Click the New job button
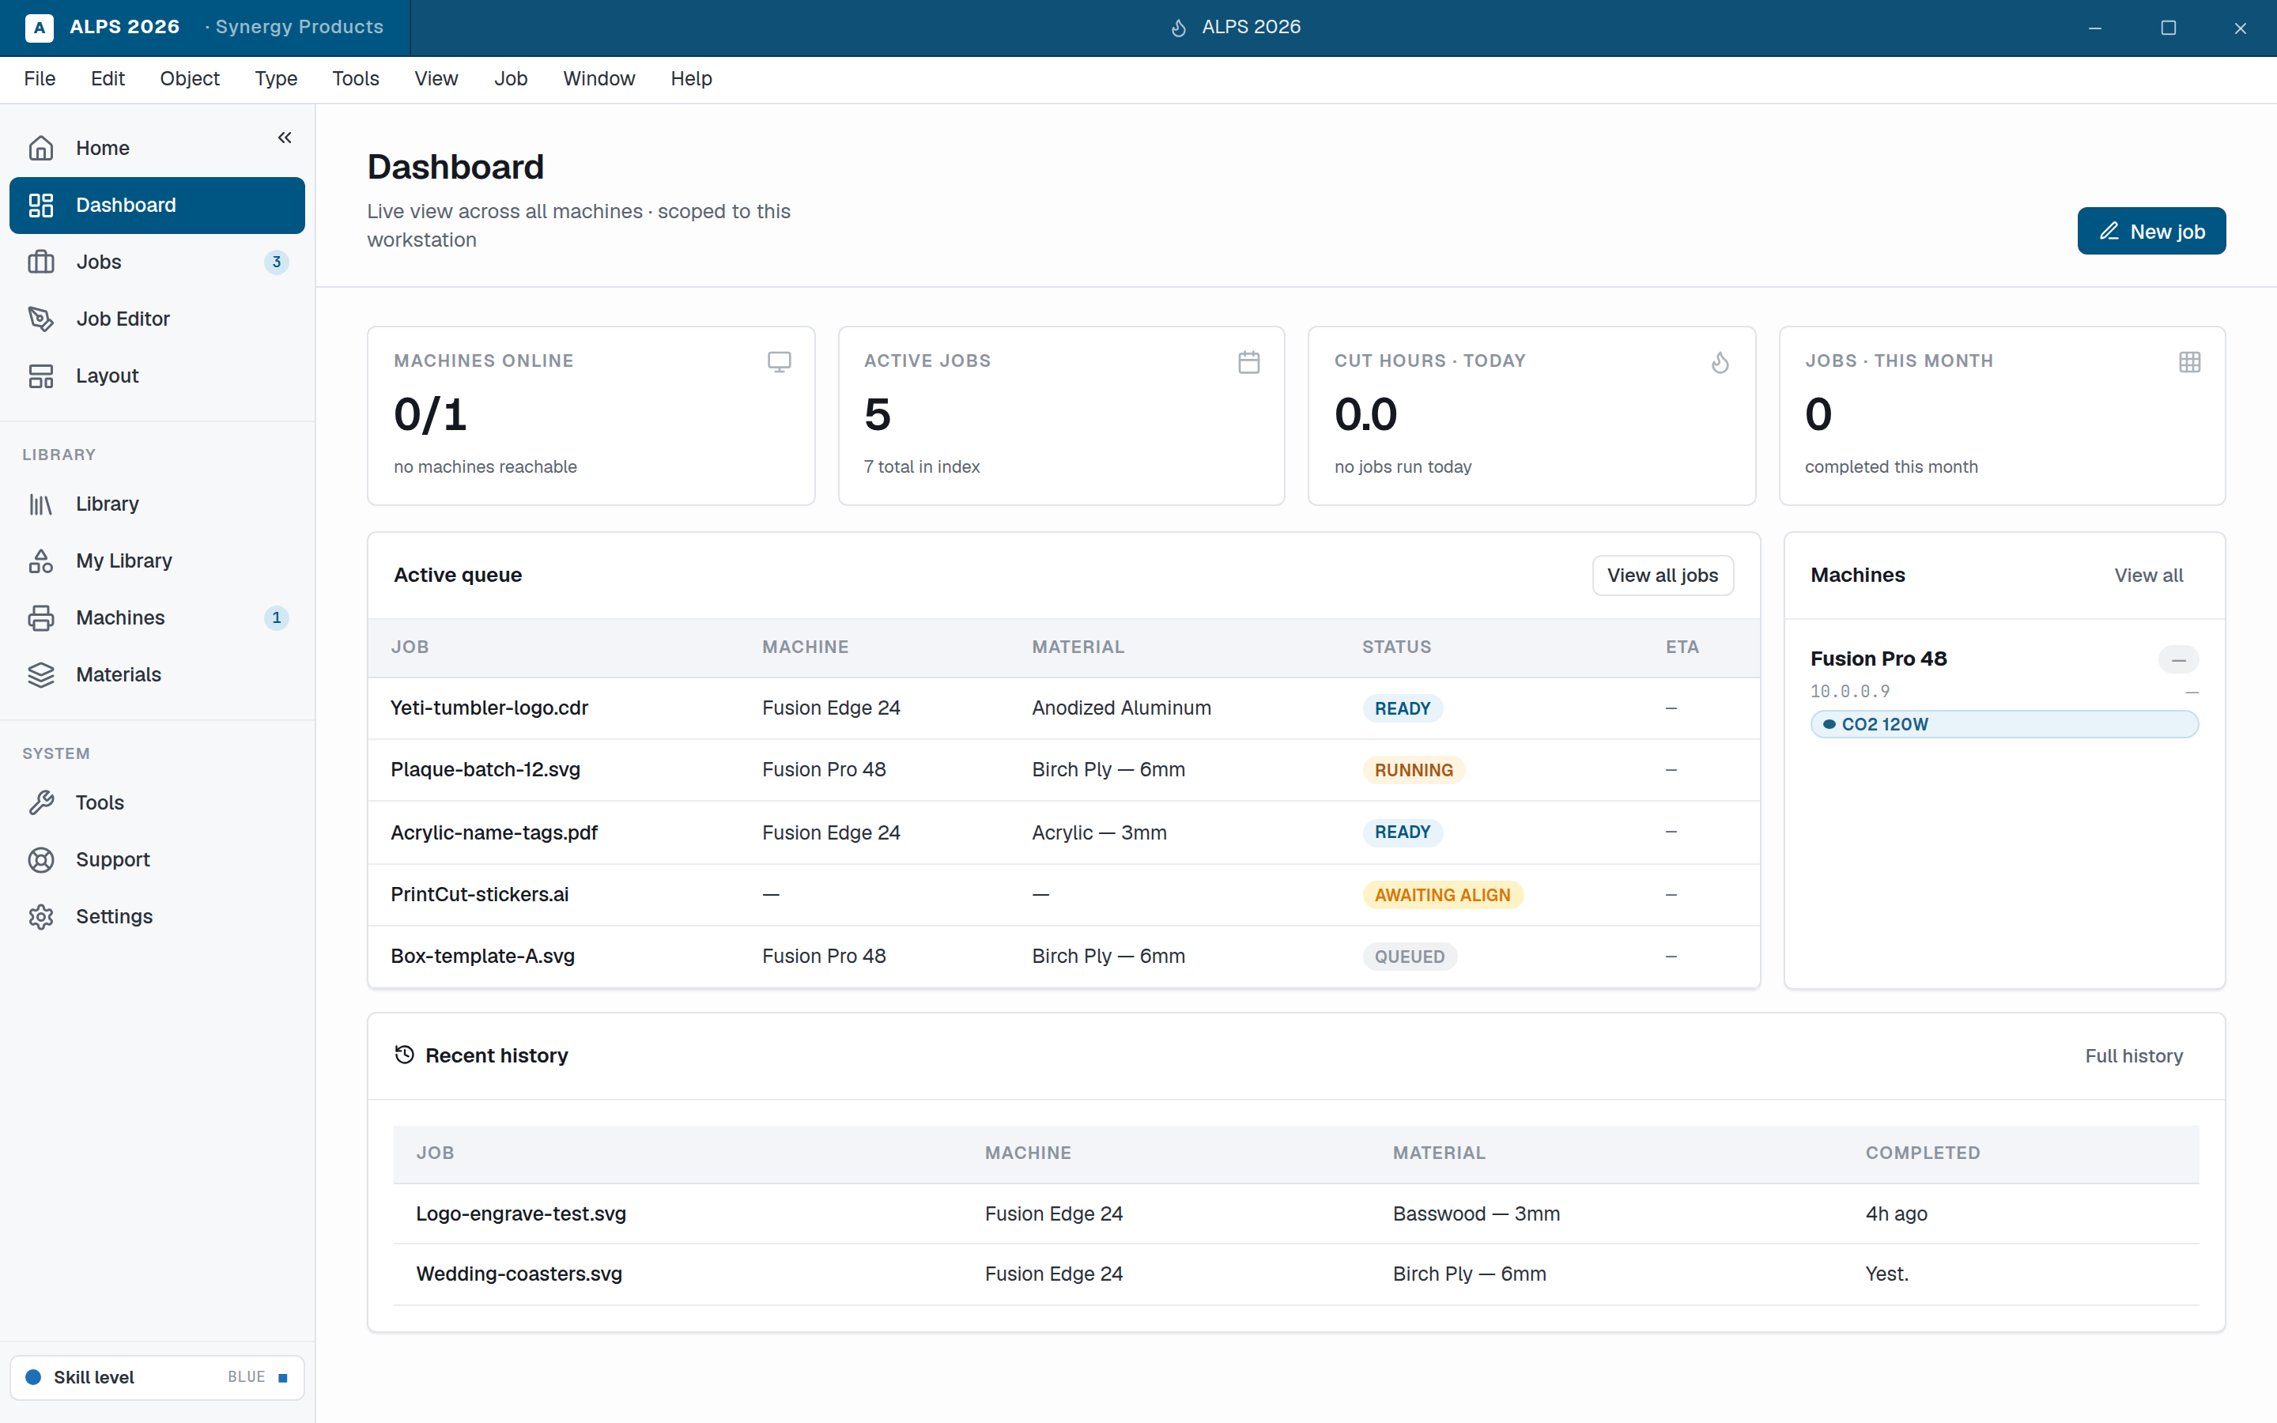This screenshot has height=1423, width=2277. pyautogui.click(x=2151, y=231)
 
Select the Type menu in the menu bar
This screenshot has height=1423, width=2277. pyautogui.click(x=276, y=79)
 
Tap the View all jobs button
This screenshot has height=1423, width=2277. pyautogui.click(x=1662, y=575)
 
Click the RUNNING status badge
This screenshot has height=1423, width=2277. pyautogui.click(x=1414, y=770)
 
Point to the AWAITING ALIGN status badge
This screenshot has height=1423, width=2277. pyautogui.click(x=1442, y=895)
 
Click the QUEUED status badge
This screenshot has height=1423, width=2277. pyautogui.click(x=1410, y=957)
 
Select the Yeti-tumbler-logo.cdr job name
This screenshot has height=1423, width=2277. pyautogui.click(x=489, y=708)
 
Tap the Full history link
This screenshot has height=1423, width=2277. pyautogui.click(x=2134, y=1056)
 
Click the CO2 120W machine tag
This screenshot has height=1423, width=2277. pyautogui.click(x=2004, y=723)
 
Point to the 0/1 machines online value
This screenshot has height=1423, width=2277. pyautogui.click(x=430, y=415)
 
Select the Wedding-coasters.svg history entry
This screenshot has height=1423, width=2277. pyautogui.click(x=519, y=1274)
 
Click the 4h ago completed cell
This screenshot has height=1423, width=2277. pyautogui.click(x=1896, y=1214)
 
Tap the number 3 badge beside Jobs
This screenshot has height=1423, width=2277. pyautogui.click(x=276, y=262)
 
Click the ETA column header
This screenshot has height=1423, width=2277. pyautogui.click(x=1682, y=647)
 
